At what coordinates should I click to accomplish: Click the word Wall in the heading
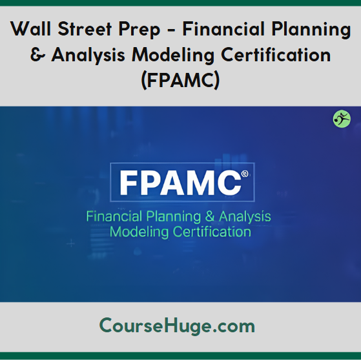point(30,28)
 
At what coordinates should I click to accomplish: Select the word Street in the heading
point(85,28)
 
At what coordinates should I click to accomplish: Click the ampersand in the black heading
point(38,55)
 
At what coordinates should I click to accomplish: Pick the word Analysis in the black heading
point(88,56)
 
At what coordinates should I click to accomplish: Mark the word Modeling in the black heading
point(173,56)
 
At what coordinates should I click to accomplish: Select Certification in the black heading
point(276,54)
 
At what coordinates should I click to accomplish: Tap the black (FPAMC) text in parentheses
point(181,81)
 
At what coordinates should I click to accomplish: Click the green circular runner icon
point(342,119)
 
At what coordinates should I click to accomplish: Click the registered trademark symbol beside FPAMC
point(245,174)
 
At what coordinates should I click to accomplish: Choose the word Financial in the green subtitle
point(114,217)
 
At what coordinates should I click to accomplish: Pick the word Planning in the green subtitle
point(173,217)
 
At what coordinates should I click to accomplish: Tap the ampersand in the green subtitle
point(210,217)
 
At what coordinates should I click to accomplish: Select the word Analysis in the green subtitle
point(245,217)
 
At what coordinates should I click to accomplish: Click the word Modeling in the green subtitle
point(139,232)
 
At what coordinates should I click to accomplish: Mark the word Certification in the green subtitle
point(212,232)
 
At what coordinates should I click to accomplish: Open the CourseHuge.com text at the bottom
point(177,326)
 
